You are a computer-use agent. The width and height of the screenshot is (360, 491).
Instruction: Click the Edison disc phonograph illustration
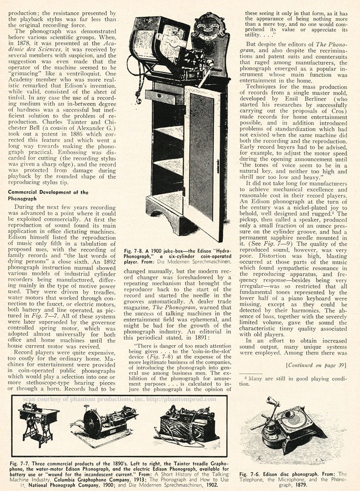click(x=289, y=428)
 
